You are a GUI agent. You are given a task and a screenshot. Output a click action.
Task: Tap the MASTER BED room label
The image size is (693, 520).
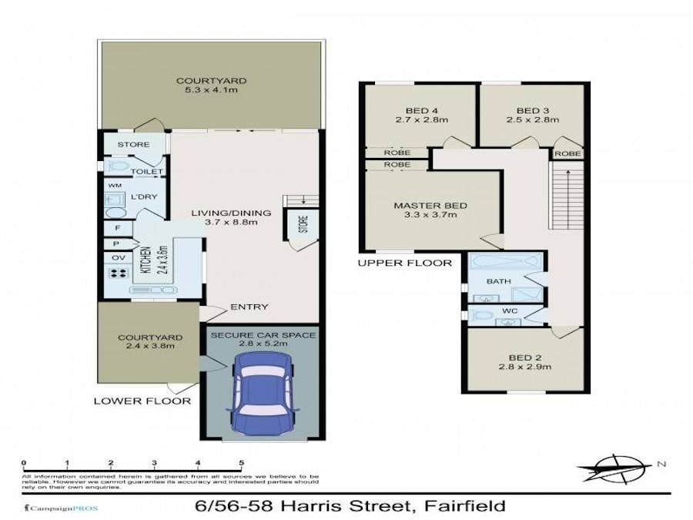click(430, 206)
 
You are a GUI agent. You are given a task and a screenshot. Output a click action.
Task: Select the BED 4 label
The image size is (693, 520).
click(420, 109)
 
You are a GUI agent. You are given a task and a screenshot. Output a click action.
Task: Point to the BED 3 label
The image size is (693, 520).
click(532, 109)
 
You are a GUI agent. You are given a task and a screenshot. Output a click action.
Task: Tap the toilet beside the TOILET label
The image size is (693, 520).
click(118, 166)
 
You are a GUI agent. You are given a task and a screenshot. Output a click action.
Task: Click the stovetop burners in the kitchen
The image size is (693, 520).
click(119, 273)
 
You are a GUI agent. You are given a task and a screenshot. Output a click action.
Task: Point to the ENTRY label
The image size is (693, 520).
click(249, 307)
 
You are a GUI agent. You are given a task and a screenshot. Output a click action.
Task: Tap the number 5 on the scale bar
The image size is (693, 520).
click(242, 463)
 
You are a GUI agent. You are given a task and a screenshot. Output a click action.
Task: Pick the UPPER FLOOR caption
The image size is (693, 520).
click(404, 263)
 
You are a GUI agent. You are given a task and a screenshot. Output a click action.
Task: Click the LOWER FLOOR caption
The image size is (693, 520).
click(142, 401)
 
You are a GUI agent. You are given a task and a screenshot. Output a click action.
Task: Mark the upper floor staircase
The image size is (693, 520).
click(565, 200)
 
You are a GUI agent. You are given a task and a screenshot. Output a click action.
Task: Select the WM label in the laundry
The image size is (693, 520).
click(114, 186)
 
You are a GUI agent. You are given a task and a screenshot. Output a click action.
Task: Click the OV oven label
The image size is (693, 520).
click(119, 257)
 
